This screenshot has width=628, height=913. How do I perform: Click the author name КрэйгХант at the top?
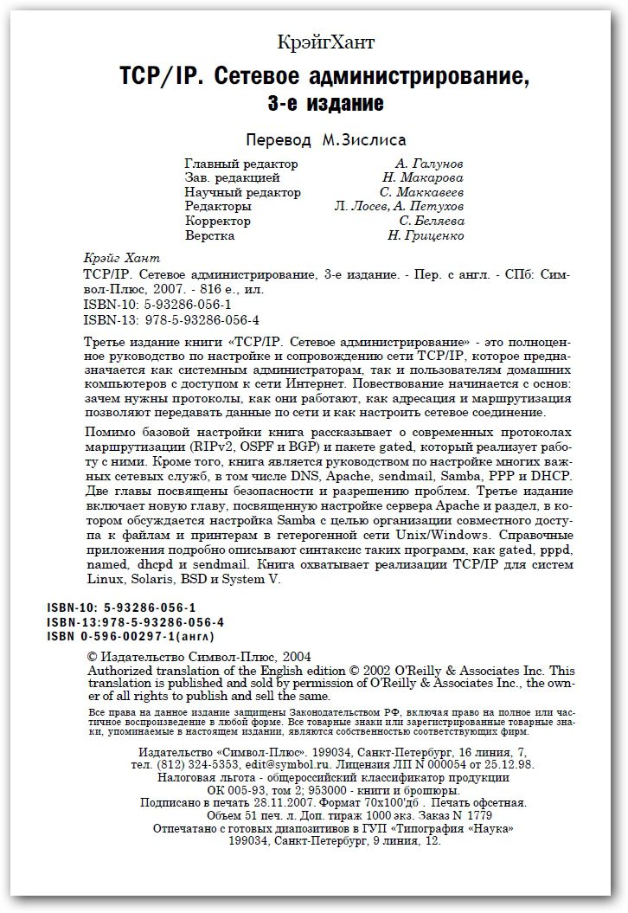click(x=328, y=42)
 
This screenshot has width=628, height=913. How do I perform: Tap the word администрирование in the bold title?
click(x=429, y=78)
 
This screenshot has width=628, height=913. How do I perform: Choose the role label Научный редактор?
click(x=243, y=192)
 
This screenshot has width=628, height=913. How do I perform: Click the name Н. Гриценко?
click(x=426, y=235)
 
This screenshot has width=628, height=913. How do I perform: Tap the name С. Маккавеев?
click(x=420, y=192)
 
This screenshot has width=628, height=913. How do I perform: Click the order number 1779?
click(x=476, y=815)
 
